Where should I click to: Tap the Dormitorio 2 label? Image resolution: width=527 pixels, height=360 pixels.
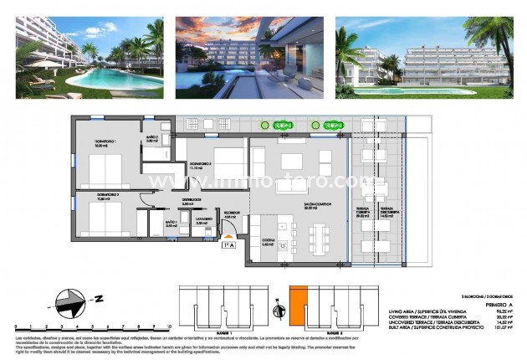pyautogui.click(x=200, y=165)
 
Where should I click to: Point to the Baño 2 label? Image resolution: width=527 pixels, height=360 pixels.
pyautogui.click(x=152, y=138)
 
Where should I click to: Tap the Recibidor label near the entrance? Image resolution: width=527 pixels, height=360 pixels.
pyautogui.click(x=230, y=214)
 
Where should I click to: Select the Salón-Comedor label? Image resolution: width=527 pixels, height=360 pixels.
pyautogui.click(x=292, y=204)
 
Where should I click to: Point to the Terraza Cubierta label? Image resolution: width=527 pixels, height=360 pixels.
pyautogui.click(x=363, y=211)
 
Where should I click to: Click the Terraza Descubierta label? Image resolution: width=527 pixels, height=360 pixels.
pyautogui.click(x=387, y=211)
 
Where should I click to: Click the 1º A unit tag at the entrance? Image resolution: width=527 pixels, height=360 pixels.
pyautogui.click(x=228, y=244)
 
